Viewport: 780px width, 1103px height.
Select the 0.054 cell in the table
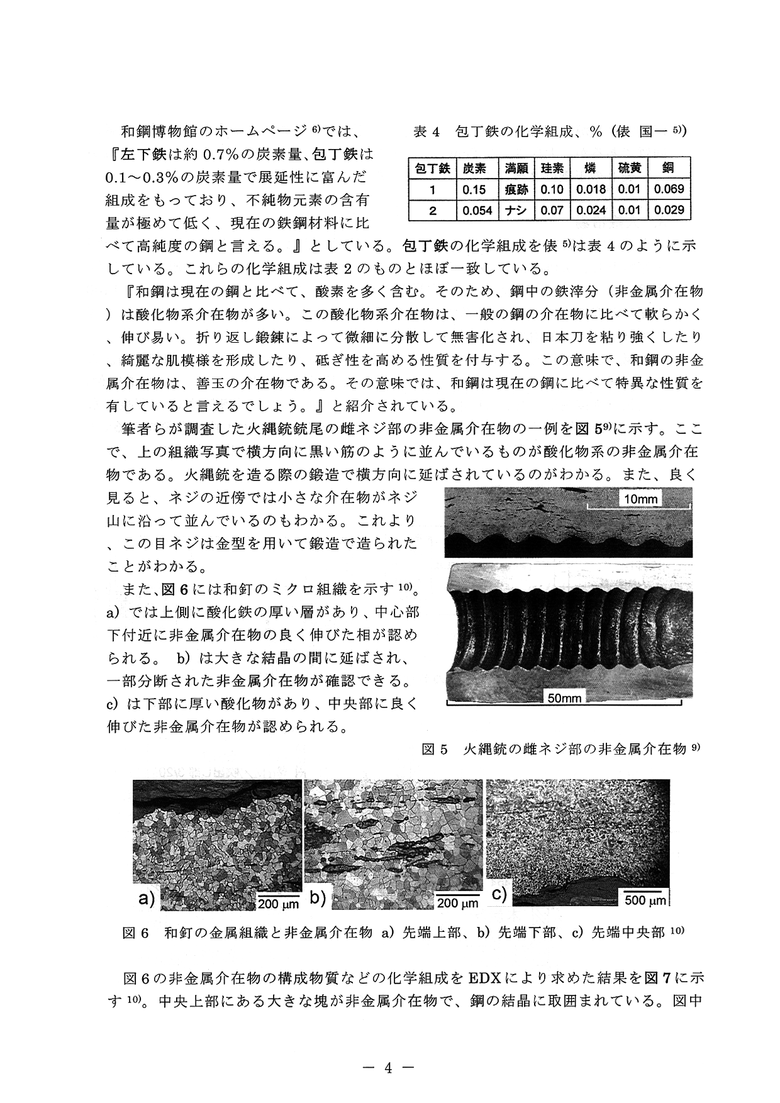(x=477, y=210)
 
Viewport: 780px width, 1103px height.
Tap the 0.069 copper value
(x=669, y=189)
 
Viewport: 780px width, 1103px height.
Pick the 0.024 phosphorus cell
(x=591, y=210)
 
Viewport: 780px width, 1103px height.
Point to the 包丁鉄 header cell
(x=432, y=169)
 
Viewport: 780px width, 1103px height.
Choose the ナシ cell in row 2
(x=516, y=210)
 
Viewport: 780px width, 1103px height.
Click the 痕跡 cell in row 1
(x=516, y=189)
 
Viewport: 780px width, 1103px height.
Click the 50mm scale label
(x=564, y=697)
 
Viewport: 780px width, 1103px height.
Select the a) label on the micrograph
(x=146, y=898)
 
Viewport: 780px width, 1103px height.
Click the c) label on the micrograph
(x=499, y=894)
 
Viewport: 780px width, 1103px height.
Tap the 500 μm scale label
(x=645, y=901)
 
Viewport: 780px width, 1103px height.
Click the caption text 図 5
(x=434, y=749)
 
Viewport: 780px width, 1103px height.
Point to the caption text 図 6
(x=135, y=933)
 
